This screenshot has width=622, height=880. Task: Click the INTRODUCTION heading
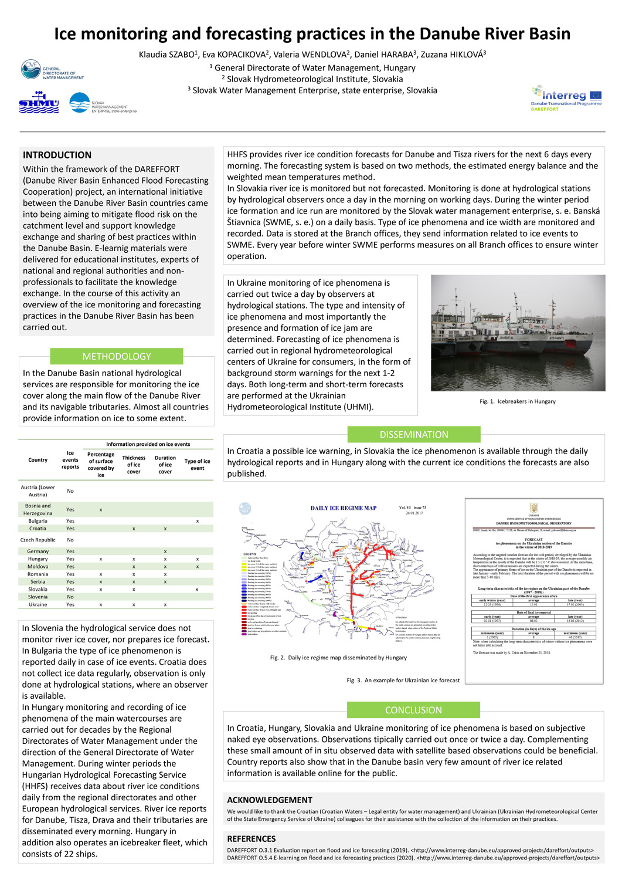point(57,155)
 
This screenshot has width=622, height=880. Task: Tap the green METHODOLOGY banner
point(117,356)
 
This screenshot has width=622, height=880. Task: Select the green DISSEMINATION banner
point(414,434)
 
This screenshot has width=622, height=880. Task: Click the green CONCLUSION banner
point(413,710)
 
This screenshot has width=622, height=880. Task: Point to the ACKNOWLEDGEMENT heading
point(270,800)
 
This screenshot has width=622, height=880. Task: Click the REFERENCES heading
point(251,839)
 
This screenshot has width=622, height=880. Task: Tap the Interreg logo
point(566,98)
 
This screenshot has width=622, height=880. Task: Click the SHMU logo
point(39,103)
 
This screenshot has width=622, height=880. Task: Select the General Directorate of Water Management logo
point(52,69)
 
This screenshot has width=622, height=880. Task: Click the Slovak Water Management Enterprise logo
point(103,104)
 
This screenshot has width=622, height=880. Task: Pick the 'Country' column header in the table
point(38,460)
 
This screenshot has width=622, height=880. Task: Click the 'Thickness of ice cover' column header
point(134,465)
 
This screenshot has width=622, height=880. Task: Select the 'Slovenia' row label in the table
point(38,597)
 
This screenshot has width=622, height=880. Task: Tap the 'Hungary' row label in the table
point(38,559)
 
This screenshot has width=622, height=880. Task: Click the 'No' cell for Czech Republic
point(70,540)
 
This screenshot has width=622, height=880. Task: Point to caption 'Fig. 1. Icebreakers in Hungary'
point(518,401)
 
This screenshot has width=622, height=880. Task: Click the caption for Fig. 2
point(338,658)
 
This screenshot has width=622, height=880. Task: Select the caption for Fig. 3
point(403,681)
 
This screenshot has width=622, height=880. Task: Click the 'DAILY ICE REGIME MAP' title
point(344,508)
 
